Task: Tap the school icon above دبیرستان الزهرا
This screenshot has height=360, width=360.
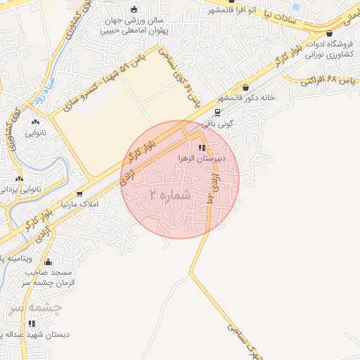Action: [202, 148]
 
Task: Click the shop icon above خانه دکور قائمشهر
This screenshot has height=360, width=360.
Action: [245, 87]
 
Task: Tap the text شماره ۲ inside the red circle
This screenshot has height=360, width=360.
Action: [171, 193]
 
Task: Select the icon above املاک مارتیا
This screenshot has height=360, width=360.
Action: [79, 193]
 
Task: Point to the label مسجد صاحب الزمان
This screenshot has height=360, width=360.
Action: [53, 276]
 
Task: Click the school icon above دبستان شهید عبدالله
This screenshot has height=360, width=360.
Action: [32, 323]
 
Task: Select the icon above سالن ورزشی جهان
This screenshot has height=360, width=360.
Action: [134, 9]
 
